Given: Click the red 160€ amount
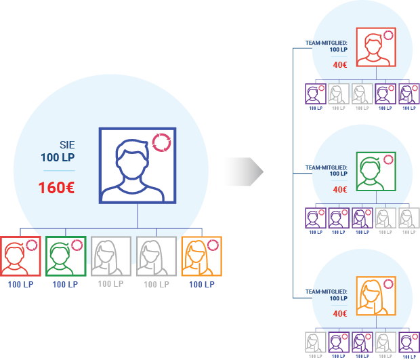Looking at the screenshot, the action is click(x=56, y=187).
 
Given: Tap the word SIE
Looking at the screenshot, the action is click(x=67, y=145).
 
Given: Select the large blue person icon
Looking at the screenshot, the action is click(x=138, y=165).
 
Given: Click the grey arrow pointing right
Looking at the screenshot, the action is click(x=243, y=172).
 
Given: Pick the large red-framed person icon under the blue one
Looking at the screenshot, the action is click(x=20, y=256).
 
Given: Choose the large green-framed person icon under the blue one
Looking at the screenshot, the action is click(x=66, y=256).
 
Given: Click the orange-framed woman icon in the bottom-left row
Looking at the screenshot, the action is click(x=202, y=256).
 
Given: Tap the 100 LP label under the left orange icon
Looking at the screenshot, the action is click(x=202, y=285).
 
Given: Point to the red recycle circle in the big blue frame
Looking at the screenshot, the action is click(x=161, y=142).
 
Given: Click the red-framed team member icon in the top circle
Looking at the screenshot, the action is click(x=376, y=47).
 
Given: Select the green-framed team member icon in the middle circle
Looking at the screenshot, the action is click(x=376, y=172).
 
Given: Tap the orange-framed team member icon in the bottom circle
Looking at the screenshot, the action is click(x=376, y=296).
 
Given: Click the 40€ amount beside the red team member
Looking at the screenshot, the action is click(x=340, y=65).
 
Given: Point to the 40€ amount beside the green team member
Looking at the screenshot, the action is click(x=340, y=190).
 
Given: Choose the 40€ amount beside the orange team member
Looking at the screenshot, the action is click(x=340, y=314).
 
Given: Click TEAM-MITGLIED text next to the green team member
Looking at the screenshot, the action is click(x=327, y=167).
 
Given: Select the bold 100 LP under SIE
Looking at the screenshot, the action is click(x=58, y=157).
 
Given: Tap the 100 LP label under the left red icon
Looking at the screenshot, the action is click(x=20, y=285).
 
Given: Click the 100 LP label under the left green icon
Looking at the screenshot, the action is click(x=65, y=285).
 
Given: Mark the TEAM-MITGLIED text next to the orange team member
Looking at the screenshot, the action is click(x=327, y=292).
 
